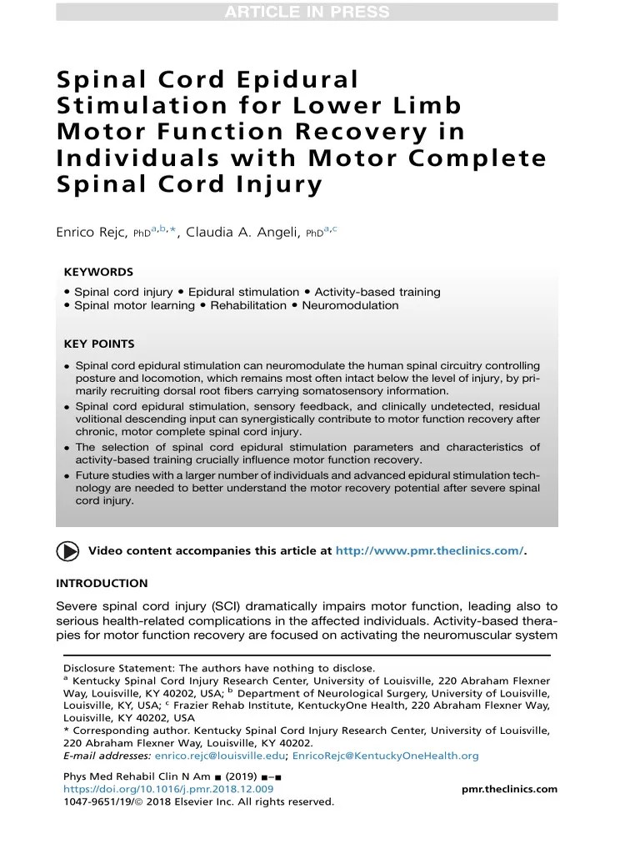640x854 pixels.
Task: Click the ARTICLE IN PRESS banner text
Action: (x=306, y=12)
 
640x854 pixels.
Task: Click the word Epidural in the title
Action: (x=297, y=81)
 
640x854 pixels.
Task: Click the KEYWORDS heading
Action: (x=98, y=272)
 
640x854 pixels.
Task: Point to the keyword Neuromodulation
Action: (x=350, y=305)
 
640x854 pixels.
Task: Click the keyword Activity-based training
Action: (x=377, y=292)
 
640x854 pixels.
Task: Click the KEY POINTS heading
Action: (x=99, y=344)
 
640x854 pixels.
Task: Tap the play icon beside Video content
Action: (x=68, y=550)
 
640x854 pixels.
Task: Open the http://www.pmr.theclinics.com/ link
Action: (x=429, y=550)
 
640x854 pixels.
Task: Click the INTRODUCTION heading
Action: (x=102, y=583)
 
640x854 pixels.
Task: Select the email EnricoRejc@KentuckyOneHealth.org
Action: (x=385, y=756)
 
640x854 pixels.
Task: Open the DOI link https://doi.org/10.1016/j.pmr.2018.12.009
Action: (x=168, y=789)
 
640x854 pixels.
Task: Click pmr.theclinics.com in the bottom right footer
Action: (x=509, y=789)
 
